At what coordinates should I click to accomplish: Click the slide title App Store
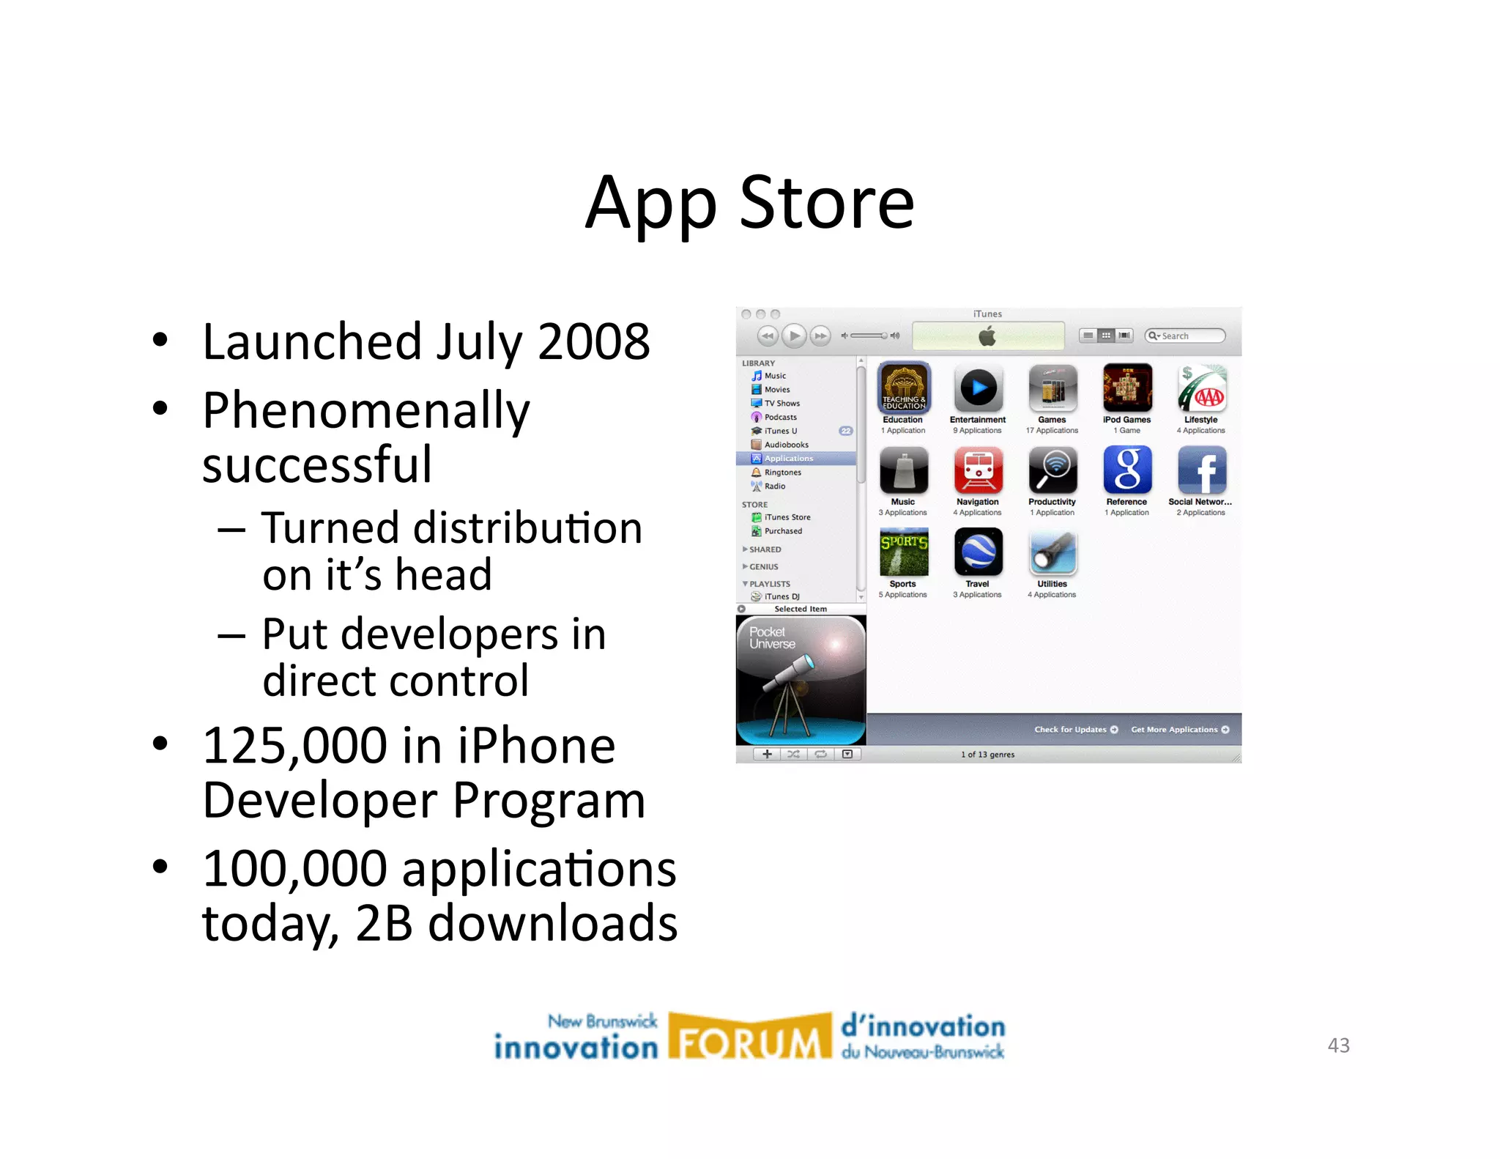point(749,203)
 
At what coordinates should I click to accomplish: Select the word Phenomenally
point(365,411)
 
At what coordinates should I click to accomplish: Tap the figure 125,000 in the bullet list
point(294,747)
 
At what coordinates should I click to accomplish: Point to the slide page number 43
point(1338,1045)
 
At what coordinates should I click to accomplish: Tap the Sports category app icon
point(904,552)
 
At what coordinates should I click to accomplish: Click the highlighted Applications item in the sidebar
point(788,459)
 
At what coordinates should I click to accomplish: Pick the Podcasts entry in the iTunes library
point(780,418)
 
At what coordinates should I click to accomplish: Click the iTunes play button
point(794,336)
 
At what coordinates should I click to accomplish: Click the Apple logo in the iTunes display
point(987,337)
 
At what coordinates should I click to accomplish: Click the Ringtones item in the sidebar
point(782,473)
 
